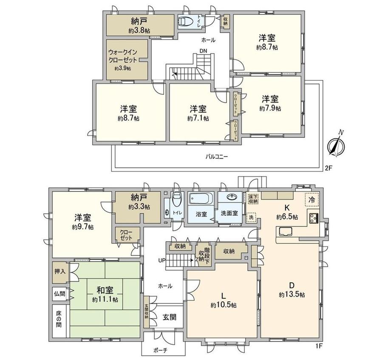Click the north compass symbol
pos(336,145)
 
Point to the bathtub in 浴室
pos(201,200)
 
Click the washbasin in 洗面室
pos(232,198)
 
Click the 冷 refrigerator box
pos(312,200)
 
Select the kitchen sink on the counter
pos(284,232)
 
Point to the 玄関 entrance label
pos(170,317)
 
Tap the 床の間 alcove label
pos(59,319)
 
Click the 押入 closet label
pos(59,271)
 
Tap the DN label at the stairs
pos(203,51)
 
